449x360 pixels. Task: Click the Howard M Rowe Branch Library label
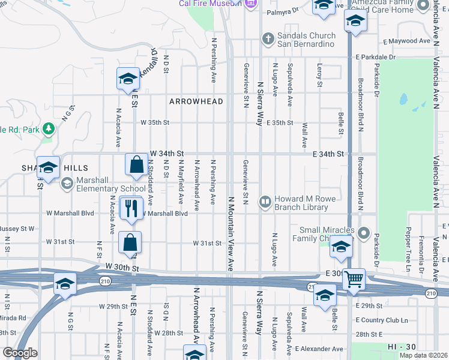click(301, 203)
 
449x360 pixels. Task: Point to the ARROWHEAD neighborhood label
click(196, 101)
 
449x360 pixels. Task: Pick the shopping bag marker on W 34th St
click(137, 164)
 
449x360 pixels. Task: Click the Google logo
click(20, 353)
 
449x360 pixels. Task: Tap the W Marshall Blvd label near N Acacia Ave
click(70, 213)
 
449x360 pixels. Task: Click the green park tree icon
click(49, 128)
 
